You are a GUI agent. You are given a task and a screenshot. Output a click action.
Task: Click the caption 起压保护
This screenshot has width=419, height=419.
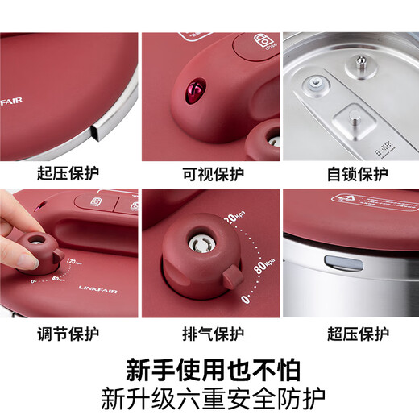coord(69,173)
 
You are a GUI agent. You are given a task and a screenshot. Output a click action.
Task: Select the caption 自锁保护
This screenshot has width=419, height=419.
coord(349,173)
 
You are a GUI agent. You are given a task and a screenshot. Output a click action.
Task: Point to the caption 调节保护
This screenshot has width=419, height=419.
coord(69,332)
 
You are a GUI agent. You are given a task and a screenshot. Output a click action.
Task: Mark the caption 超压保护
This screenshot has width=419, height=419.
coord(349,332)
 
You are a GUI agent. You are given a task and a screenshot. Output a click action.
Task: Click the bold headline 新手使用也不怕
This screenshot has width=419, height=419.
coord(209,369)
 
